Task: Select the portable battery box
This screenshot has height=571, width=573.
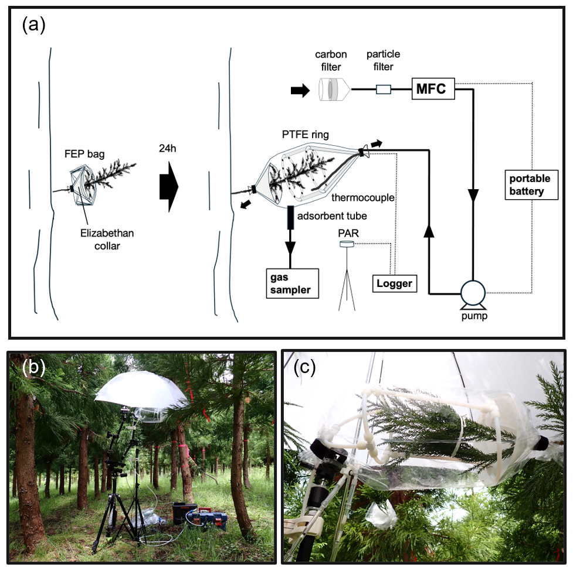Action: (531, 184)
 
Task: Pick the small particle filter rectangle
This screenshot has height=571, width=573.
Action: (383, 90)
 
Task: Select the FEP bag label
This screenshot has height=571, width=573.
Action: (80, 156)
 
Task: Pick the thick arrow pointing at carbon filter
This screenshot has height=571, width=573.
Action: (300, 90)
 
